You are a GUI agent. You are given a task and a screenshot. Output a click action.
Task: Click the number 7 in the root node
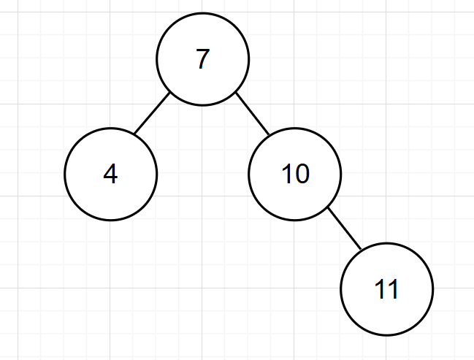203,59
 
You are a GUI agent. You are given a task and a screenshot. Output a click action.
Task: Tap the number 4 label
110,175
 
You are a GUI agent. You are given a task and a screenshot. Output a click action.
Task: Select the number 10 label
295,175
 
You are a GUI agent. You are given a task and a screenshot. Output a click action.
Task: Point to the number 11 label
386,290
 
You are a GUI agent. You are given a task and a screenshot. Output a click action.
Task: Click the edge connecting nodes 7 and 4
152,113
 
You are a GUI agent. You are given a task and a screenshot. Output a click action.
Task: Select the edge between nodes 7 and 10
253,114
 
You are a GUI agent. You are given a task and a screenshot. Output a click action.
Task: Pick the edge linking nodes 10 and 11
345,229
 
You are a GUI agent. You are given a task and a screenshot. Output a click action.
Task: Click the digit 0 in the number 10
301,175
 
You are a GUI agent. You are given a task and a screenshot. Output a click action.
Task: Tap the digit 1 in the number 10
287,175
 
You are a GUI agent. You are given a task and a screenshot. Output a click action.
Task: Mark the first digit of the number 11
380,290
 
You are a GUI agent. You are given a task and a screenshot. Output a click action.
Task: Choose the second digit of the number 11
393,290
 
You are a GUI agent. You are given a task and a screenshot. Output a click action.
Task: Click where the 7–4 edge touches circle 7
171,93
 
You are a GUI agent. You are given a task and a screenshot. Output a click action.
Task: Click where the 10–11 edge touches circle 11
361,250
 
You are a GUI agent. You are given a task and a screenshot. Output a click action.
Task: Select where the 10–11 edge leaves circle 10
327,208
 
